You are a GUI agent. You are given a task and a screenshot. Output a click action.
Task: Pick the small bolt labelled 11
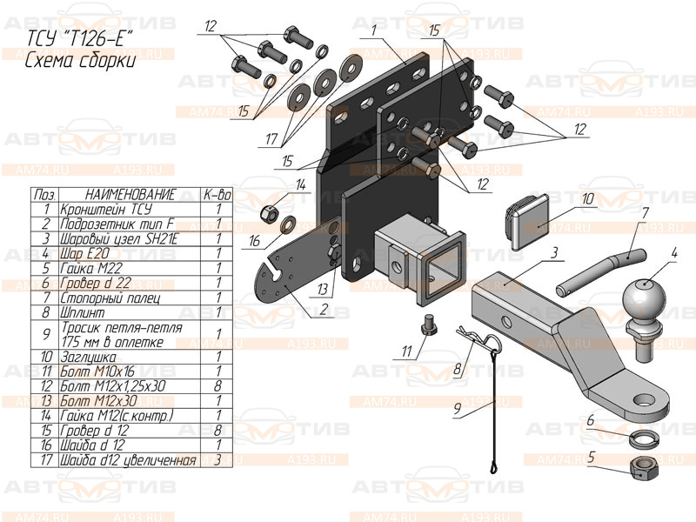[x=427, y=328]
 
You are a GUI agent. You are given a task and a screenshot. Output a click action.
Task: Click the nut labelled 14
[x=270, y=211]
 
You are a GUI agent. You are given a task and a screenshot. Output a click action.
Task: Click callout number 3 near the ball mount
[x=553, y=253]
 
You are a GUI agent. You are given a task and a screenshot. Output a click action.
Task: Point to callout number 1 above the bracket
[x=371, y=31]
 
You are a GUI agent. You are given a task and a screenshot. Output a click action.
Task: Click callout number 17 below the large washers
[x=272, y=138]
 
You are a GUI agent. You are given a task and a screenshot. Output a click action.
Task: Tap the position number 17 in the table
[x=43, y=460]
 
